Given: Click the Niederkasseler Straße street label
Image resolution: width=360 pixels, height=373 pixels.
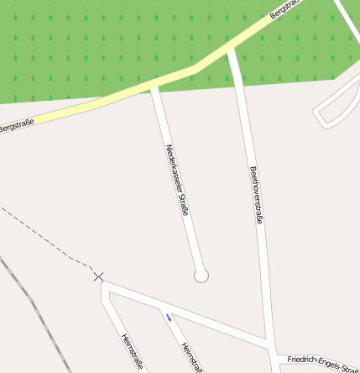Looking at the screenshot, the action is pos(177,180).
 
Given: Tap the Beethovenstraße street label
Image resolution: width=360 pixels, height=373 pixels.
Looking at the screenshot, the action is pos(257,195).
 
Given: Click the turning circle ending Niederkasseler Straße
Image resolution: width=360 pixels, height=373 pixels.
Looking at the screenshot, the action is pos(201,275).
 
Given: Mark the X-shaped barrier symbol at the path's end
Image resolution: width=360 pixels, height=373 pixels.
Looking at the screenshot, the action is pos(99,276).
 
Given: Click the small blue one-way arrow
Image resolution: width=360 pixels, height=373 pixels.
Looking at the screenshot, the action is pos(169,317).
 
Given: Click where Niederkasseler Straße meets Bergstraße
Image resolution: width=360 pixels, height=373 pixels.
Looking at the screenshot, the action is pos(153,84).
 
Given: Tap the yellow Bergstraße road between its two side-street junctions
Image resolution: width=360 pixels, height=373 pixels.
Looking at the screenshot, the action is pos(193,66).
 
